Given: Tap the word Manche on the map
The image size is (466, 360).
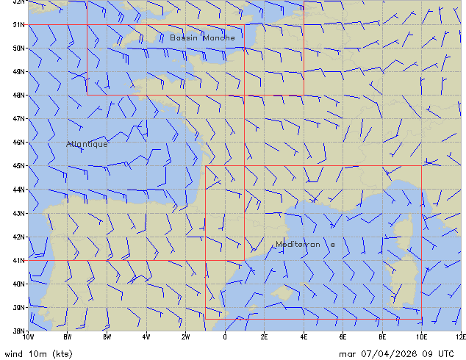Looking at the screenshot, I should (x=220, y=37).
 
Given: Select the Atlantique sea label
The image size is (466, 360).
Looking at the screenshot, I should (x=87, y=144).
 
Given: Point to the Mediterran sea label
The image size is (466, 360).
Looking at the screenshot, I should (x=298, y=245).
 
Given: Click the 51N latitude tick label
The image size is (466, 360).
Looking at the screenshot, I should (x=18, y=24).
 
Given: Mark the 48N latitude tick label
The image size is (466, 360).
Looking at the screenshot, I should (x=18, y=95).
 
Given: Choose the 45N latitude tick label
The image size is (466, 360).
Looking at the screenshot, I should (x=18, y=165).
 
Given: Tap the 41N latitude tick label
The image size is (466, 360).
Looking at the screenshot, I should (x=18, y=260).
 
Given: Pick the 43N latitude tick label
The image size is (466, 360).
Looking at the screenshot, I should (x=18, y=213).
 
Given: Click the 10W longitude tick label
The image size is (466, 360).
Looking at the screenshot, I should (x=28, y=336).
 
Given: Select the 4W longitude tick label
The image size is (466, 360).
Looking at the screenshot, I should (x=146, y=336).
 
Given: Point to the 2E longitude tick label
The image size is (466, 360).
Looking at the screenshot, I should (x=265, y=336).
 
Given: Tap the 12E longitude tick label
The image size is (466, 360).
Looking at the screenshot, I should (x=461, y=336).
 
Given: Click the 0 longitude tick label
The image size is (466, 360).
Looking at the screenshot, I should (x=225, y=336).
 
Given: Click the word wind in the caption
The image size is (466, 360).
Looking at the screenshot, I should (x=13, y=353).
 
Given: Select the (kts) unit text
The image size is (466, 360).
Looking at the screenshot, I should (x=61, y=353).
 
